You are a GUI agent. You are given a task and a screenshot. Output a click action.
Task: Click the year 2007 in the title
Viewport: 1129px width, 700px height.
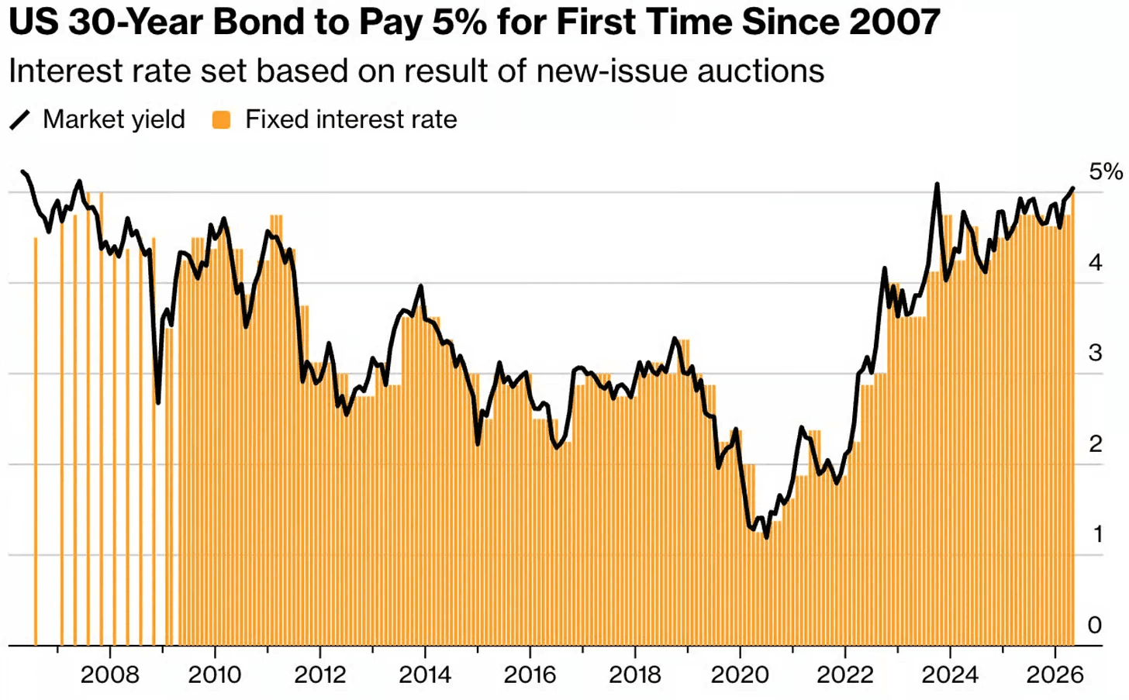click(894, 22)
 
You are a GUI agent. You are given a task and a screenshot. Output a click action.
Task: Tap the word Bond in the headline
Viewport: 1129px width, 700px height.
click(254, 22)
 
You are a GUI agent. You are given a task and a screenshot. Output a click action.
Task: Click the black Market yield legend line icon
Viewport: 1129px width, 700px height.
click(20, 120)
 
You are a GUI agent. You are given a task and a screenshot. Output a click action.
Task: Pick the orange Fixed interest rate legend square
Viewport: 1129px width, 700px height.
click(221, 120)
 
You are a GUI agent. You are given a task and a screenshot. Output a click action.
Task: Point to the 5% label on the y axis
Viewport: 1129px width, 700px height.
click(1106, 172)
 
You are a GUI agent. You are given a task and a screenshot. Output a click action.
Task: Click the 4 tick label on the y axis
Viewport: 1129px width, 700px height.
click(1095, 263)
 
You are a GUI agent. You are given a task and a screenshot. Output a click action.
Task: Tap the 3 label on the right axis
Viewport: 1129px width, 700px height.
click(1095, 353)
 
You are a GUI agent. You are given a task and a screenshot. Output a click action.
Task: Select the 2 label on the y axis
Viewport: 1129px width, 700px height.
click(1095, 444)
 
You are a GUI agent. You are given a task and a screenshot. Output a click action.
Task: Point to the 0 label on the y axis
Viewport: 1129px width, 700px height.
click(1095, 626)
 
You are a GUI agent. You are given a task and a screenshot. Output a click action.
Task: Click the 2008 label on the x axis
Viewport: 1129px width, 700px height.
click(110, 674)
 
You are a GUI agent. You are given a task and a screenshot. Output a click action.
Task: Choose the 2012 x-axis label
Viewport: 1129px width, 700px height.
click(320, 674)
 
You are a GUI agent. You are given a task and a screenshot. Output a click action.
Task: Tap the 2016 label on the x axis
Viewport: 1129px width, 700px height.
click(530, 674)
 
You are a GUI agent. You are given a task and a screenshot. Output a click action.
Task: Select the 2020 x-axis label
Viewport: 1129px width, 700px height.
click(740, 674)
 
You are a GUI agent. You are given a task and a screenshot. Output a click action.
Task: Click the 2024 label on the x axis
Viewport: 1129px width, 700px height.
click(950, 674)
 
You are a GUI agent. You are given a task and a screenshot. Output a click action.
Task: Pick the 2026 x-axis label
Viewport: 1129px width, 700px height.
click(1055, 674)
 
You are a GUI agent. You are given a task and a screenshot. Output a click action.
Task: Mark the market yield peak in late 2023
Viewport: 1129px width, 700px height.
click(937, 184)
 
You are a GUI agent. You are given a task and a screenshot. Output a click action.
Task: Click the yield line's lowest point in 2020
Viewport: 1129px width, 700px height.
click(767, 538)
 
